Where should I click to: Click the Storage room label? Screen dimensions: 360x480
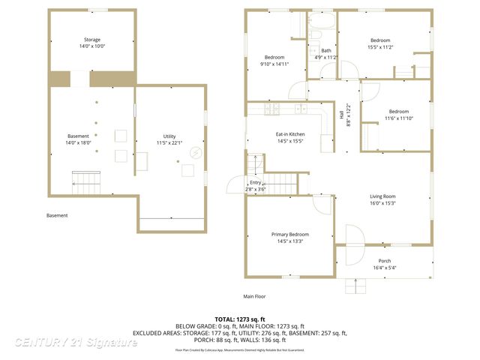(x=91, y=40)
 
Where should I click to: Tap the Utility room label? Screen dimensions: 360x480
(x=169, y=137)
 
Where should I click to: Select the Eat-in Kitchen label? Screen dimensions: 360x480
(x=289, y=134)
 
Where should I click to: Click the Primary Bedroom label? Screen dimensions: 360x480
(x=289, y=235)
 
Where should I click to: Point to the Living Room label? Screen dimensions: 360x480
(x=382, y=196)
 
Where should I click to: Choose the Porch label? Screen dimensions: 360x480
(x=383, y=261)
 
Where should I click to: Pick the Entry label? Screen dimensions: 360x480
(x=256, y=182)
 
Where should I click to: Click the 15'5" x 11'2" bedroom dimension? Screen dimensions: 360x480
(x=380, y=46)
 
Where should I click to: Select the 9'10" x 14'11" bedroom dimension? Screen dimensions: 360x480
(x=274, y=64)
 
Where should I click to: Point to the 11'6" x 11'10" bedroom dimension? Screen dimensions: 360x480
(x=398, y=118)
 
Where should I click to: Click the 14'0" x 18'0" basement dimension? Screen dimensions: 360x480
(x=78, y=142)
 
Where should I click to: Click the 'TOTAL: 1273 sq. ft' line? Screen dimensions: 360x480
(x=240, y=319)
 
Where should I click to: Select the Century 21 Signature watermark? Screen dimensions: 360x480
(x=76, y=343)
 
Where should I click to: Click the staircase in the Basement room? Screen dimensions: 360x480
(x=85, y=181)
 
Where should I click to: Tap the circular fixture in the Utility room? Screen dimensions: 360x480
(x=195, y=153)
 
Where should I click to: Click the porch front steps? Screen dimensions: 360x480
(x=355, y=285)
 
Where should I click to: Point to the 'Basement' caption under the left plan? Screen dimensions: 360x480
(x=57, y=216)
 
